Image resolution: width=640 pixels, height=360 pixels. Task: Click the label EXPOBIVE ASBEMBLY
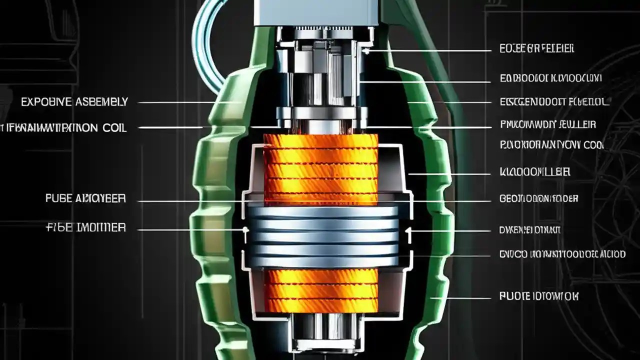click(74, 102)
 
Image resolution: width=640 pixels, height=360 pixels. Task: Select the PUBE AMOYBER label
click(85, 198)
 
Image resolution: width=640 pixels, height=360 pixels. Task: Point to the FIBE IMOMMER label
click(85, 228)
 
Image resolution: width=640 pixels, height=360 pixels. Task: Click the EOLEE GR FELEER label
click(536, 48)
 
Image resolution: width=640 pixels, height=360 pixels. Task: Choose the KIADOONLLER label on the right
click(535, 172)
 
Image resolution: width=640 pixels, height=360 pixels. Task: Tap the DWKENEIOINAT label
click(530, 230)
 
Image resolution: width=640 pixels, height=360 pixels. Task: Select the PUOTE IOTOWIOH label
click(538, 296)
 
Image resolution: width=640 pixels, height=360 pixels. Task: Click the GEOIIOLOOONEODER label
click(538, 198)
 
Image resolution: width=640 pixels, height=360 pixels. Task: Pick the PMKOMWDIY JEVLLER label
click(548, 124)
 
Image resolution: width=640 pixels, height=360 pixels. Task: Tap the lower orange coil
click(320, 290)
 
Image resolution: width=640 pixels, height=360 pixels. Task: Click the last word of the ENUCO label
click(613, 254)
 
